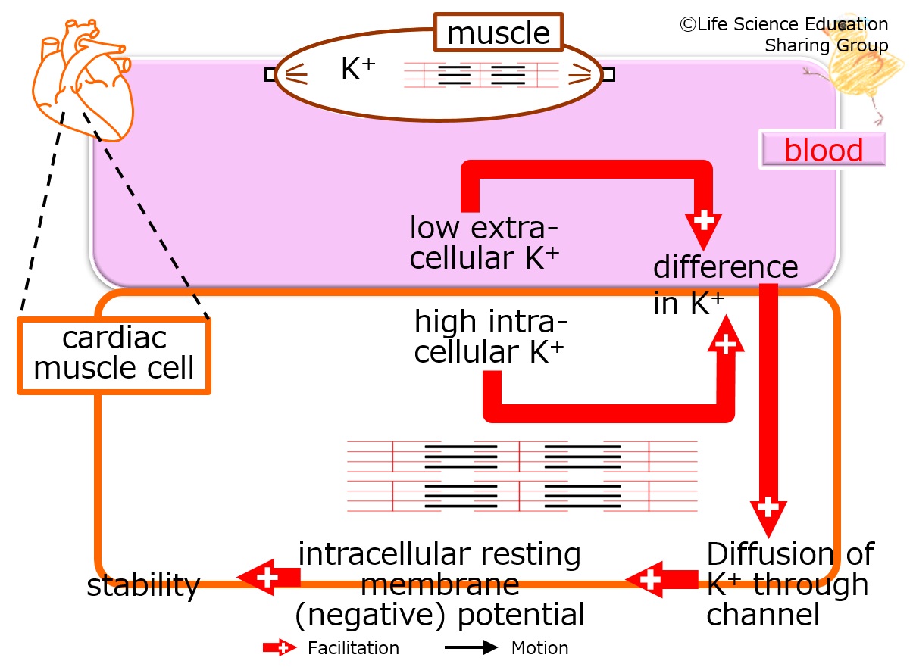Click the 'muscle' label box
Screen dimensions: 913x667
[x=499, y=32]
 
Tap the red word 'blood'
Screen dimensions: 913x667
[x=824, y=149]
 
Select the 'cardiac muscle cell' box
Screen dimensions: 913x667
[x=114, y=356]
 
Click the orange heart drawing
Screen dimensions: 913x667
[x=83, y=79]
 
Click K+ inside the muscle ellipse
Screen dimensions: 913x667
[x=358, y=68]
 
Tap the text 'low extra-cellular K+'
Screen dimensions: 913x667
[x=484, y=243]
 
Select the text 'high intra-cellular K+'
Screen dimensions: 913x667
[x=490, y=336]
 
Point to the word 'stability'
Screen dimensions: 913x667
[x=143, y=585]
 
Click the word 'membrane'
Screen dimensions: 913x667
[x=440, y=584]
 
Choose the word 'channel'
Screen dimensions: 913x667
[x=763, y=615]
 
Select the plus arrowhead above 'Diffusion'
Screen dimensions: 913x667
[x=769, y=514]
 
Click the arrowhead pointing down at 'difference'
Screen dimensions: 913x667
[x=703, y=227]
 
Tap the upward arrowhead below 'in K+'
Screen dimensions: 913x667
[x=726, y=336]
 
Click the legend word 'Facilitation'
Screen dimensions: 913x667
[x=353, y=648]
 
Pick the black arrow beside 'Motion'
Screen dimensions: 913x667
[x=471, y=647]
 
